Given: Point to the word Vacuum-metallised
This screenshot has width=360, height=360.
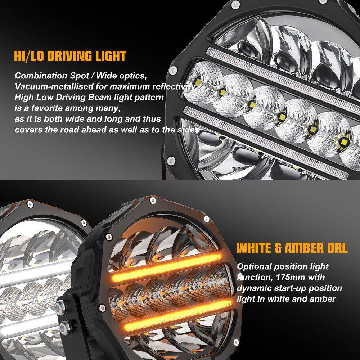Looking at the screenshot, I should [x=47, y=87].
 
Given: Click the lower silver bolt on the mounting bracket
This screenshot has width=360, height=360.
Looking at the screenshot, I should [x=65, y=328].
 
